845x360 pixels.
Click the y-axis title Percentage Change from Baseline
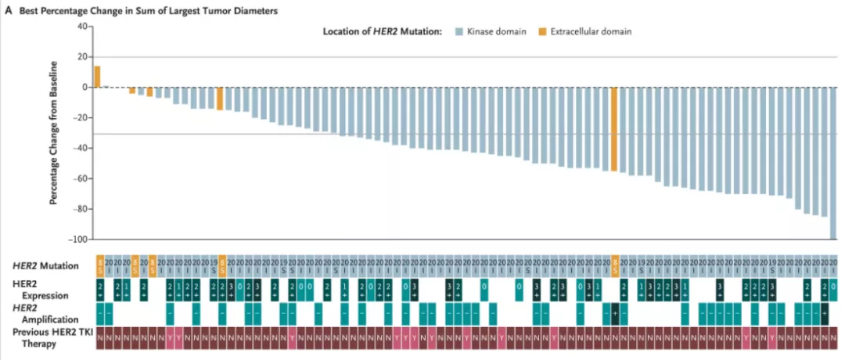pos(55,132)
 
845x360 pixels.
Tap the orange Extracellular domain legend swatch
pos(541,31)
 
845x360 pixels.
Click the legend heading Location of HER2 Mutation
pos(383,31)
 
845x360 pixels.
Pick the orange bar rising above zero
pos(98,77)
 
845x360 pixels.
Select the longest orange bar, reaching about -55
pos(615,128)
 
